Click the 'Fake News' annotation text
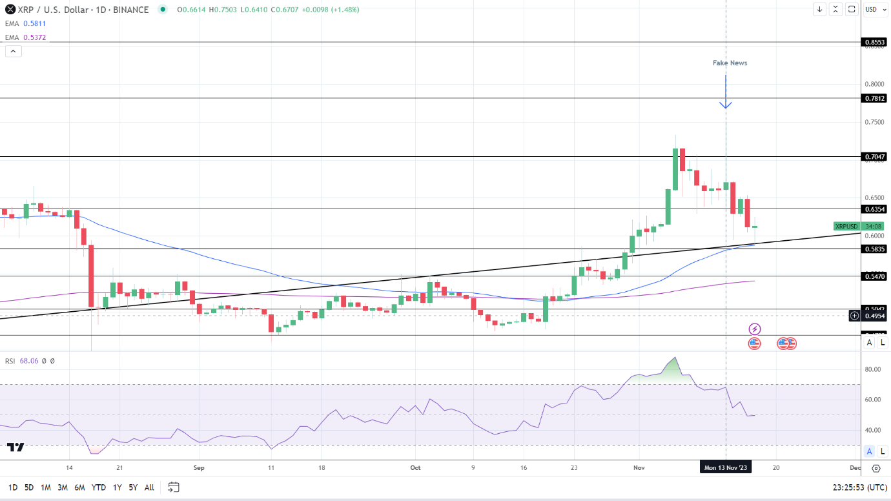[730, 63]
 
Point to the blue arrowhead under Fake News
[726, 105]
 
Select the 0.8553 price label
[875, 43]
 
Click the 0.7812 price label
[875, 98]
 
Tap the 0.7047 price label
[875, 157]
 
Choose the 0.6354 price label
[875, 209]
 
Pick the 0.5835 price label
[875, 249]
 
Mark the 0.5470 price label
[875, 276]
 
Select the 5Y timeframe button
[133, 487]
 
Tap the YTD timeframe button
[99, 487]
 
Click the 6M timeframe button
[79, 487]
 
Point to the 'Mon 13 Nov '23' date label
[726, 467]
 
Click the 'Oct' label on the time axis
[415, 467]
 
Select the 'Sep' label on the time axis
[198, 467]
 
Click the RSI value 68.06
[29, 361]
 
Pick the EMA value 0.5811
[34, 23]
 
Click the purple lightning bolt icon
[754, 329]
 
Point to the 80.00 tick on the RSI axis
[874, 369]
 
